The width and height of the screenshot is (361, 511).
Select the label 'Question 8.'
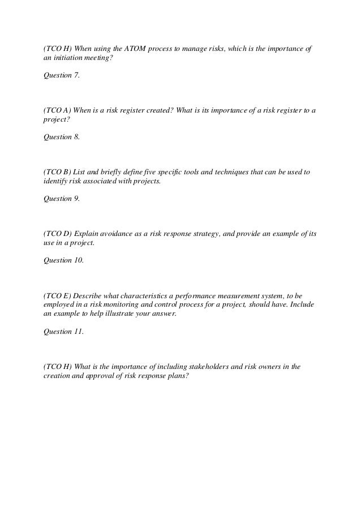pos(62,136)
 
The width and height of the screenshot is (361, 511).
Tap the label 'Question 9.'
pos(62,199)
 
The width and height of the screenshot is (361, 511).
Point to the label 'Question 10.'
pos(63,260)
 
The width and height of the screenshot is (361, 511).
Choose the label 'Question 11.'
pos(63,332)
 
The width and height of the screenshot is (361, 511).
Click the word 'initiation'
pos(67,59)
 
